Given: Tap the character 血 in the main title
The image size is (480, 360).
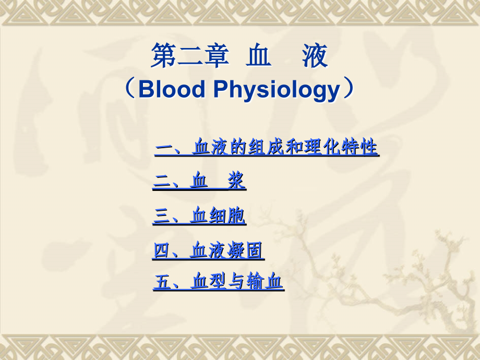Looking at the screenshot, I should click(259, 56).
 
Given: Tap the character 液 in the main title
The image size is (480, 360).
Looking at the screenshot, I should click(315, 56).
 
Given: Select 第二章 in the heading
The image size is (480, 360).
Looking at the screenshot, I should click(190, 56).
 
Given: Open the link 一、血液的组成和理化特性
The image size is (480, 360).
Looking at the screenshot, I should click(267, 147).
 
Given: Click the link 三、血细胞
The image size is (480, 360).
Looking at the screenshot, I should click(199, 215).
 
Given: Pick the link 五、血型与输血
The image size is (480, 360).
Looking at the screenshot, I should click(218, 282).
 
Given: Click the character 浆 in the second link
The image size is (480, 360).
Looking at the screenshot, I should click(236, 181).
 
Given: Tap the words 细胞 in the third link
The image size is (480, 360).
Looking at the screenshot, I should click(227, 215).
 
